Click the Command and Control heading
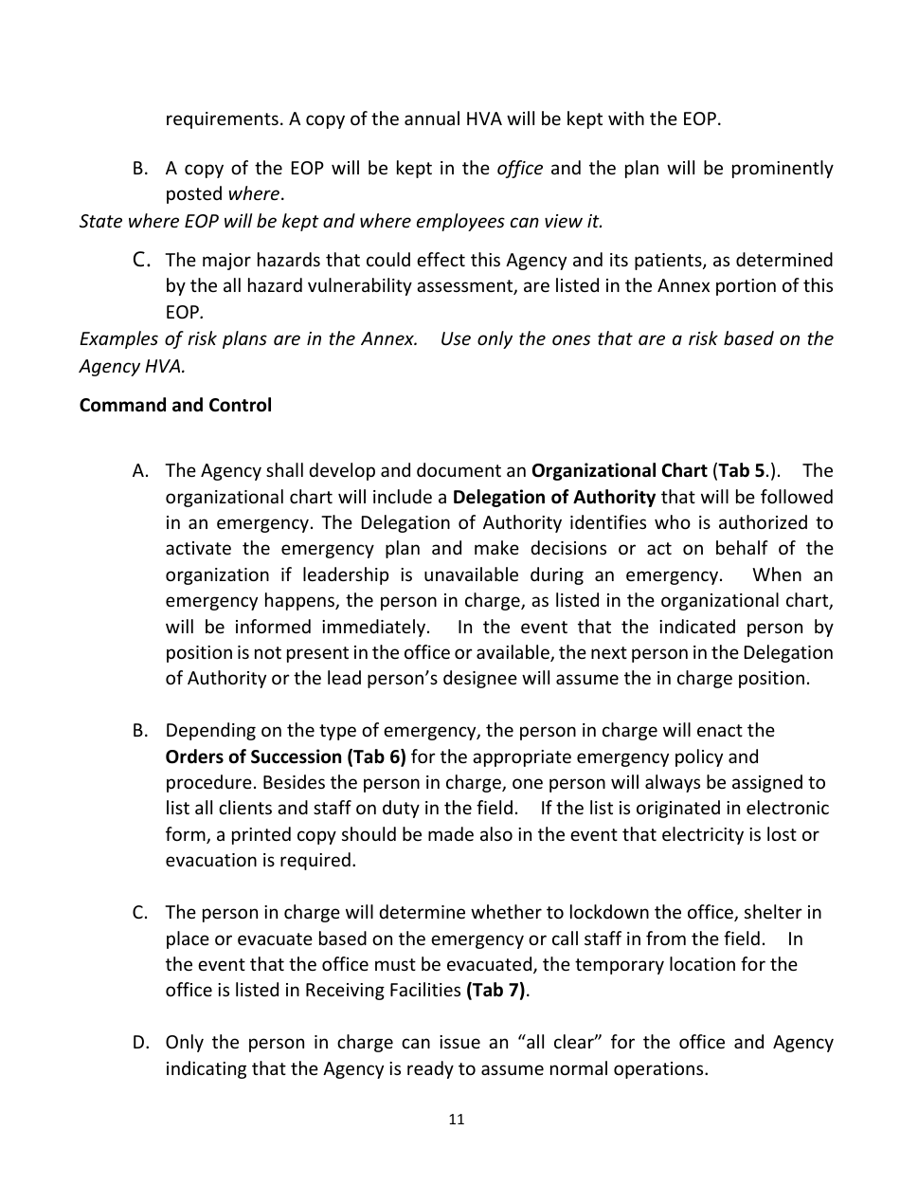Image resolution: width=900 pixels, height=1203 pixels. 175,406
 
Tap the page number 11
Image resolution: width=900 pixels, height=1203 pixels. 456,1120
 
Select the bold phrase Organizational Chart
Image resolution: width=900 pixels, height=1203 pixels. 619,471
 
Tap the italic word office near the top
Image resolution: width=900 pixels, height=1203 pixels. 520,169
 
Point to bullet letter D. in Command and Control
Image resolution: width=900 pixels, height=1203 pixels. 141,1043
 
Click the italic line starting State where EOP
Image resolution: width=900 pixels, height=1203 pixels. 341,222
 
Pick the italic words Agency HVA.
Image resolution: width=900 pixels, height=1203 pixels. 132,366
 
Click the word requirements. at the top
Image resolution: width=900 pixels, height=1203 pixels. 220,120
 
